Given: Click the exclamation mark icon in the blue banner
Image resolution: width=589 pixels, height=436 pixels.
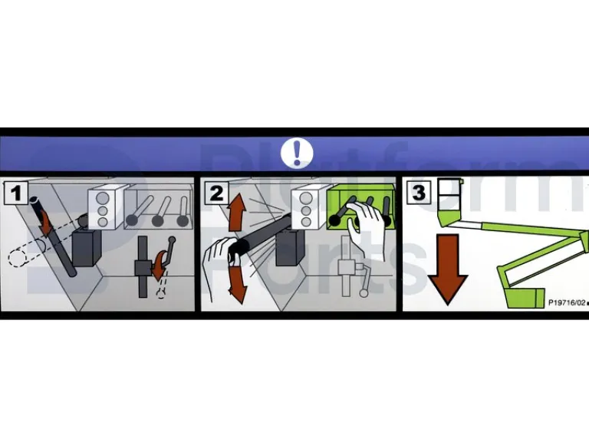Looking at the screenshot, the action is tap(297, 153).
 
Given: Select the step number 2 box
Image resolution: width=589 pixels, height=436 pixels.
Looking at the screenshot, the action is tap(217, 193).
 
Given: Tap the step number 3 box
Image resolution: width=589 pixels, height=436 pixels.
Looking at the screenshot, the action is tap(419, 193).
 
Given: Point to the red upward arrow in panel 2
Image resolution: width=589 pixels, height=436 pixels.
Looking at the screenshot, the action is tap(237, 212).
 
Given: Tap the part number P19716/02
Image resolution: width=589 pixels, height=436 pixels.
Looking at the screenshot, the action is tap(567, 302).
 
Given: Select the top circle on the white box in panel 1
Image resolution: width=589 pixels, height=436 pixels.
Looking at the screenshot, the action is tap(103, 198).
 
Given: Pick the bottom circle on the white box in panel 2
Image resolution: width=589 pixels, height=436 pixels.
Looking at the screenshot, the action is tap(306, 222).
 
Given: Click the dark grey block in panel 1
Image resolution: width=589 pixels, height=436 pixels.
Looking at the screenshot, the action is tap(86, 248).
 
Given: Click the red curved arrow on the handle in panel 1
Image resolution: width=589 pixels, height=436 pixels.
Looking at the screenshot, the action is tap(46, 223).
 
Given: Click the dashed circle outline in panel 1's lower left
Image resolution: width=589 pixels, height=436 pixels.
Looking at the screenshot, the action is tap(17, 258).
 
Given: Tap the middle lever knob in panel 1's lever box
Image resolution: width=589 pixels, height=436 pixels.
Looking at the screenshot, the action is tap(157, 220).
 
